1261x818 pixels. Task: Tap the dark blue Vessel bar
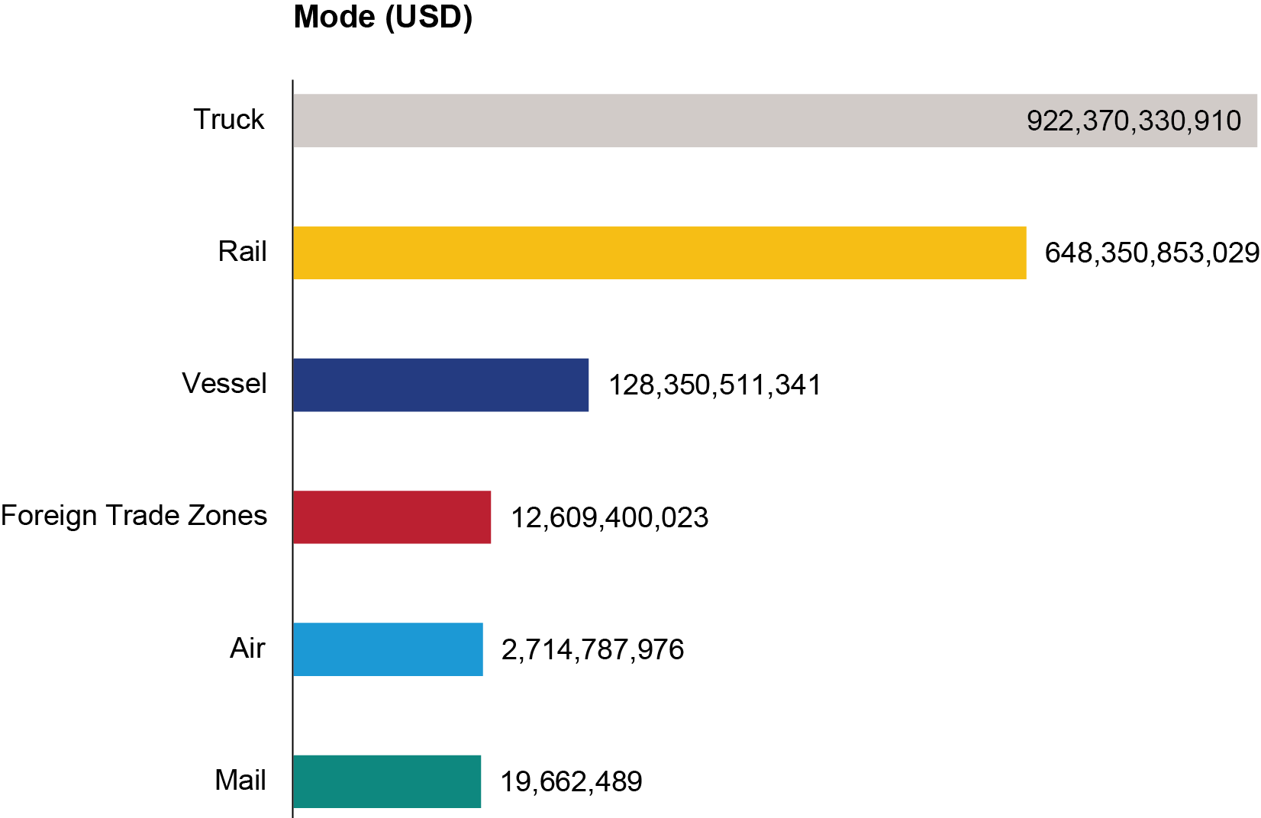tap(440, 385)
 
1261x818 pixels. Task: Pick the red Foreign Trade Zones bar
tap(392, 517)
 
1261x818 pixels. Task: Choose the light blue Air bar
tap(388, 649)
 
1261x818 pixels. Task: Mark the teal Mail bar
tap(387, 781)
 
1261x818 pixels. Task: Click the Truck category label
tap(228, 120)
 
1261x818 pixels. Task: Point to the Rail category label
tap(242, 252)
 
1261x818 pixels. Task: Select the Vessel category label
tap(224, 384)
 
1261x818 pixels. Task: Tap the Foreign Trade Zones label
tap(134, 516)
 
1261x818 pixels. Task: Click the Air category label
tap(247, 648)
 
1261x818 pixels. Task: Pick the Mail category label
tap(240, 781)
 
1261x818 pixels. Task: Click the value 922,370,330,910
tap(1134, 121)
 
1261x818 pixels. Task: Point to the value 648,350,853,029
tap(1152, 253)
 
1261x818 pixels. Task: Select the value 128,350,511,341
tap(714, 385)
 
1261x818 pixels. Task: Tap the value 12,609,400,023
tap(609, 518)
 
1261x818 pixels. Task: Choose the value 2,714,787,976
tap(592, 650)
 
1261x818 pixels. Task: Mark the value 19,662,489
tap(571, 782)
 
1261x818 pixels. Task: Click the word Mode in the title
tap(334, 17)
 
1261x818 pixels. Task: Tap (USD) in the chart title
tap(428, 17)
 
